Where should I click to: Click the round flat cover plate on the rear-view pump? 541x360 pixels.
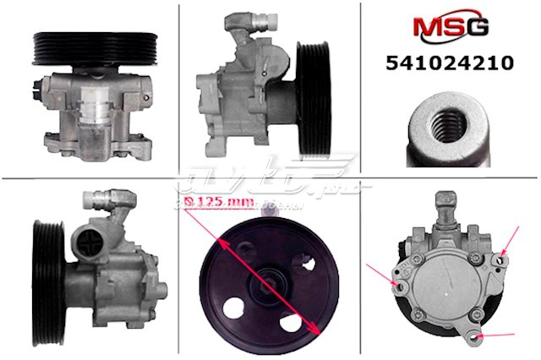coord(445,287)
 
